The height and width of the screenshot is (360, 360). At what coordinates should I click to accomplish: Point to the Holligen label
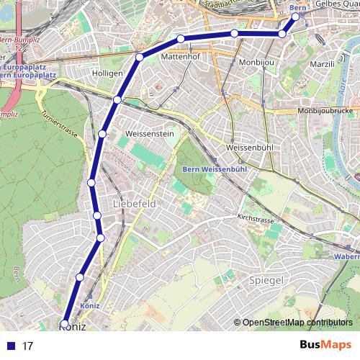[107, 73]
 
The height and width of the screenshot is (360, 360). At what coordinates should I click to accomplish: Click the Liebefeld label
[134, 204]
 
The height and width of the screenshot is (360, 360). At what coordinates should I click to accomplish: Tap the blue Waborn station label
[346, 256]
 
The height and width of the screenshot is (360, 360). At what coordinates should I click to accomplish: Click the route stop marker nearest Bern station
[295, 17]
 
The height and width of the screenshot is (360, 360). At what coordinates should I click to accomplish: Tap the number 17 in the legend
[28, 346]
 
